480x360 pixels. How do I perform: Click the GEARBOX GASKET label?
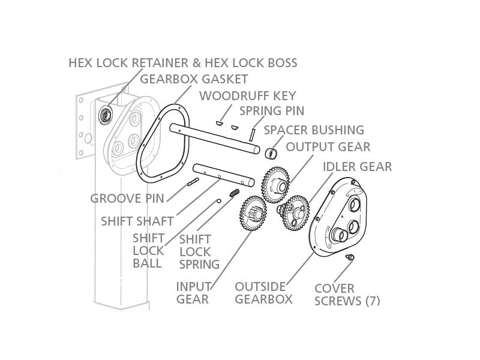[x=193, y=79]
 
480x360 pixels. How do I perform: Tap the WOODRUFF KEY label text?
[x=247, y=95]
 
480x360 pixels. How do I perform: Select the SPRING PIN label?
[x=272, y=111]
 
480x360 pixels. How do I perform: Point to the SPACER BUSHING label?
[x=314, y=130]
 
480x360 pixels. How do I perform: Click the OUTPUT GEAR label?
[x=328, y=147]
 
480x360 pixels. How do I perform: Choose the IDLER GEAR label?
[x=357, y=166]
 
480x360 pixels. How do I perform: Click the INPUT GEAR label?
[x=193, y=292]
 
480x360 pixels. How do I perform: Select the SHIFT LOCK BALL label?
[x=148, y=250]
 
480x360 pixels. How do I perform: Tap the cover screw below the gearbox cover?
[x=349, y=257]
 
